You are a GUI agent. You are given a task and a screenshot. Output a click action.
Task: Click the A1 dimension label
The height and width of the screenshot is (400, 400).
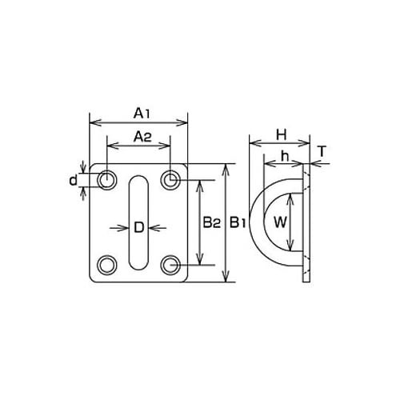[x=142, y=114]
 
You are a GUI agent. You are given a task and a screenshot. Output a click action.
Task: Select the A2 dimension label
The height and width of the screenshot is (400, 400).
[x=142, y=137]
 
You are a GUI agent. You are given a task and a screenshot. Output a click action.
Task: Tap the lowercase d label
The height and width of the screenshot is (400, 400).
[x=73, y=180]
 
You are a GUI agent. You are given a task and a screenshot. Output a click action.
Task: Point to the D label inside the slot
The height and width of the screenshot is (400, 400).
[x=138, y=228]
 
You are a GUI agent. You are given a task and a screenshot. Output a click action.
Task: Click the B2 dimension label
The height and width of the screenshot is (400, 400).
[x=212, y=222]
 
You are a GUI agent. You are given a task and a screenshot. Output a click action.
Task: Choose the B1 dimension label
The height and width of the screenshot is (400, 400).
[x=238, y=222]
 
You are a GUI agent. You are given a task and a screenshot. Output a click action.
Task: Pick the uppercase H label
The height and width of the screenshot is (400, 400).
[x=282, y=135]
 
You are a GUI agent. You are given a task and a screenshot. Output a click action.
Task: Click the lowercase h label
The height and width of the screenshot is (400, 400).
[x=285, y=156]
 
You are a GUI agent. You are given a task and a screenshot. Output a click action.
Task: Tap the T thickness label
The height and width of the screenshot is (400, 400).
[x=322, y=151]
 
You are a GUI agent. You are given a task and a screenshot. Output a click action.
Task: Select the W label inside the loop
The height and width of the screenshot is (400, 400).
[x=280, y=222]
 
